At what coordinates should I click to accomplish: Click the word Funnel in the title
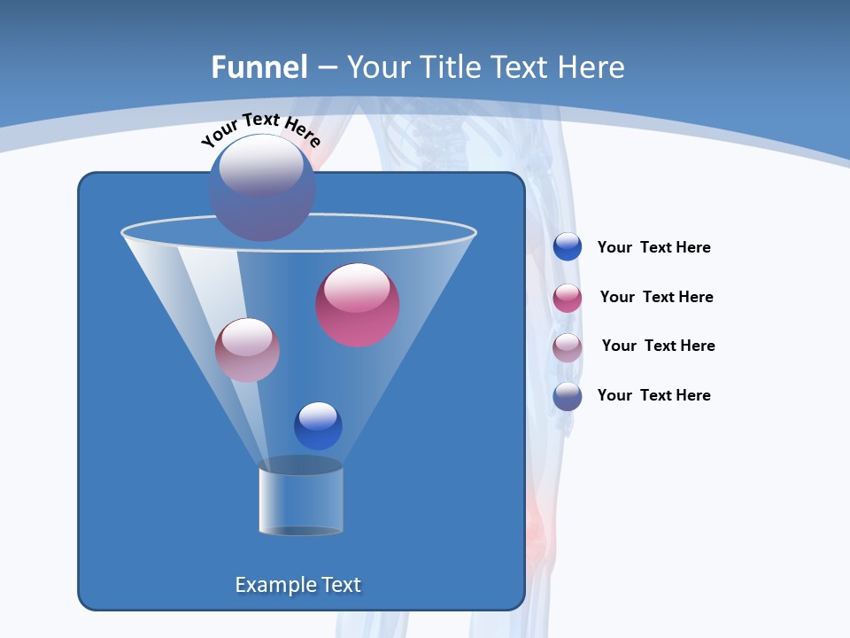point(259,67)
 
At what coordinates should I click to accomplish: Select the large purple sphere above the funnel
point(261,188)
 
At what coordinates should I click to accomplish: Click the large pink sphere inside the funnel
point(358,305)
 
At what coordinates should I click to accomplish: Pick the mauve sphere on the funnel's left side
point(247,350)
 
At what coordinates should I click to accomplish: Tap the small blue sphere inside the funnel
point(318,425)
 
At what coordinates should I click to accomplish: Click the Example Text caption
point(297,585)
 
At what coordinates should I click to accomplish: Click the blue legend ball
point(568,246)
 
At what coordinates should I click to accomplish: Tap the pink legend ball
point(568,298)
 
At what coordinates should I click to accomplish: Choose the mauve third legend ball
point(568,347)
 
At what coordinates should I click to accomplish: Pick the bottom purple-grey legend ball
point(568,396)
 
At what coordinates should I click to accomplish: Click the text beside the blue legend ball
point(653,248)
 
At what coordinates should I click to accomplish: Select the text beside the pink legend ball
point(656,298)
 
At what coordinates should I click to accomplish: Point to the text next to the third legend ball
point(658,346)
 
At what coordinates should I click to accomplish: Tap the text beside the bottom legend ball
point(653,395)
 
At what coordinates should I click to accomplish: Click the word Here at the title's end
point(593,67)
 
